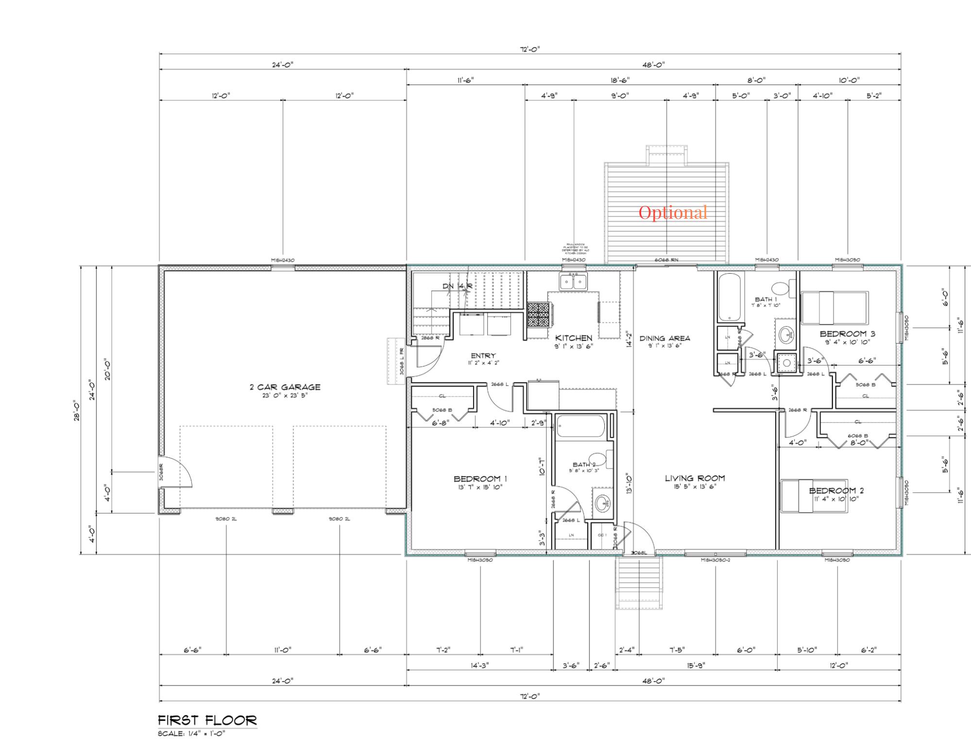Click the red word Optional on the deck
673,212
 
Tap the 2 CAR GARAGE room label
285,387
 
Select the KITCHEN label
574,338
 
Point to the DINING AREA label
664,338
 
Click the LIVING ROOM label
695,478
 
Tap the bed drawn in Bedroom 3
834,308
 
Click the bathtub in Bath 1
730,297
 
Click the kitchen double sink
573,281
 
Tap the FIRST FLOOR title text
207,720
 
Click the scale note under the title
191,734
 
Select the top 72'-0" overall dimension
530,49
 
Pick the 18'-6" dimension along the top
619,80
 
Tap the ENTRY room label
483,356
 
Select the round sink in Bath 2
603,504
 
